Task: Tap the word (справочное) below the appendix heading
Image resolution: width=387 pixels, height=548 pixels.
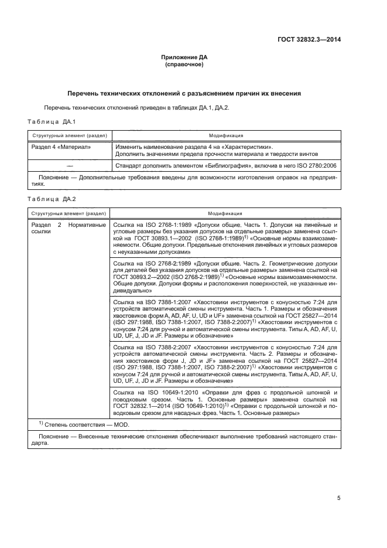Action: pos(184,64)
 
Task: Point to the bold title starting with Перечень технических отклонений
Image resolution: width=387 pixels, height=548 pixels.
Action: pos(184,93)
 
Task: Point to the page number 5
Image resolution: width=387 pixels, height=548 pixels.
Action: pos(339,498)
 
